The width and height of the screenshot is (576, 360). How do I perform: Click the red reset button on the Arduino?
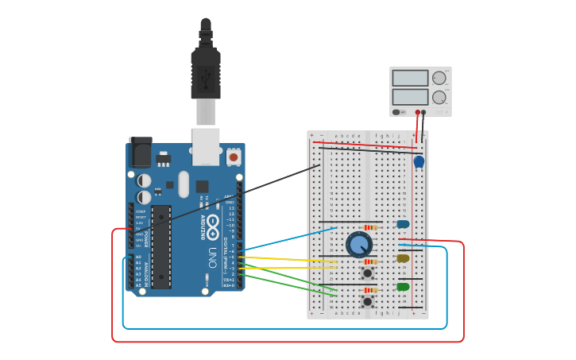[x=233, y=157]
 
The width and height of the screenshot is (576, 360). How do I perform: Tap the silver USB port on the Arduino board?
[x=206, y=146]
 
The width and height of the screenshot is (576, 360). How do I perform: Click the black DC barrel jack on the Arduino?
[x=141, y=153]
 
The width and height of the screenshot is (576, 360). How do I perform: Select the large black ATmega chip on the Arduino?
[x=161, y=246]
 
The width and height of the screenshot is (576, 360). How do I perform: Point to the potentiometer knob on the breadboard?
[x=359, y=245]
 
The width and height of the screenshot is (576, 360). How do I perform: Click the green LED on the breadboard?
[x=403, y=287]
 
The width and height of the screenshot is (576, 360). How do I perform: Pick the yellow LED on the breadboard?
[x=403, y=258]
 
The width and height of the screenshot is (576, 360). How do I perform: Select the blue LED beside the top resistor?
[x=403, y=224]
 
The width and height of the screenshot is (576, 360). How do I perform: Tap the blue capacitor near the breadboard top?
[x=419, y=162]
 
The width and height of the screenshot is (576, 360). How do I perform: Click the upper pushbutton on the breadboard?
[x=367, y=273]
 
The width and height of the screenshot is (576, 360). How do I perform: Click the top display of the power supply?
[x=410, y=78]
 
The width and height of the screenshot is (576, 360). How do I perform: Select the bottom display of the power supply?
[x=410, y=97]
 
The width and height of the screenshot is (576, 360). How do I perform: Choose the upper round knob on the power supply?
[x=439, y=78]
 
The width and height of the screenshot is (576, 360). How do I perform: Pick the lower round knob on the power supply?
[x=439, y=97]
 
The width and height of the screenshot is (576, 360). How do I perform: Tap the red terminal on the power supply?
[x=418, y=112]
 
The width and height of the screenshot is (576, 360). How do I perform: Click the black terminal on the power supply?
[x=424, y=112]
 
